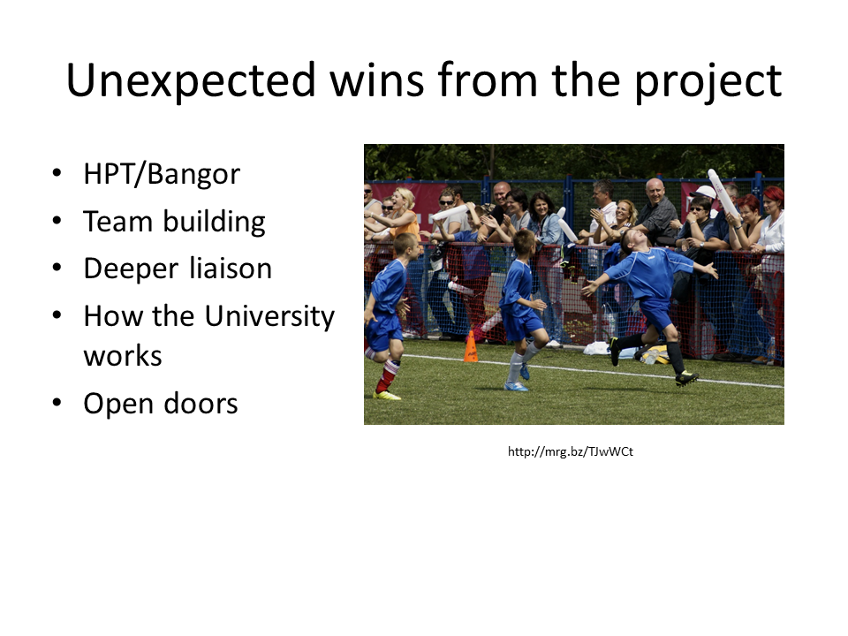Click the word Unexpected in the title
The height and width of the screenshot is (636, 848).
pyautogui.click(x=191, y=80)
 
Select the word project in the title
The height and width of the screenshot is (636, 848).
pyautogui.click(x=708, y=81)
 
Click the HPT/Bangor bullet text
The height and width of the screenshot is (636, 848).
pyautogui.click(x=162, y=174)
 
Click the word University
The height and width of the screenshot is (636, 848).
pyautogui.click(x=270, y=316)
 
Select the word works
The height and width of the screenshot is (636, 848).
pyautogui.click(x=123, y=356)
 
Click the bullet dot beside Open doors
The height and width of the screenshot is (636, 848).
pyautogui.click(x=57, y=403)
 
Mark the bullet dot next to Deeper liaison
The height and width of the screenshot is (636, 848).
pyautogui.click(x=57, y=268)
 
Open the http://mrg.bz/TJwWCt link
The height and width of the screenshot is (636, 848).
pyautogui.click(x=570, y=451)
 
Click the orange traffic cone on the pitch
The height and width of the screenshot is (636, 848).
pyautogui.click(x=471, y=346)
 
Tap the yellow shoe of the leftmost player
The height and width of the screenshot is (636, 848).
pyautogui.click(x=387, y=395)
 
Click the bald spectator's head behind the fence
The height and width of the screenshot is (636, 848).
pyautogui.click(x=655, y=190)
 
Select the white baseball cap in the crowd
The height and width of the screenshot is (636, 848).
pyautogui.click(x=705, y=192)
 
